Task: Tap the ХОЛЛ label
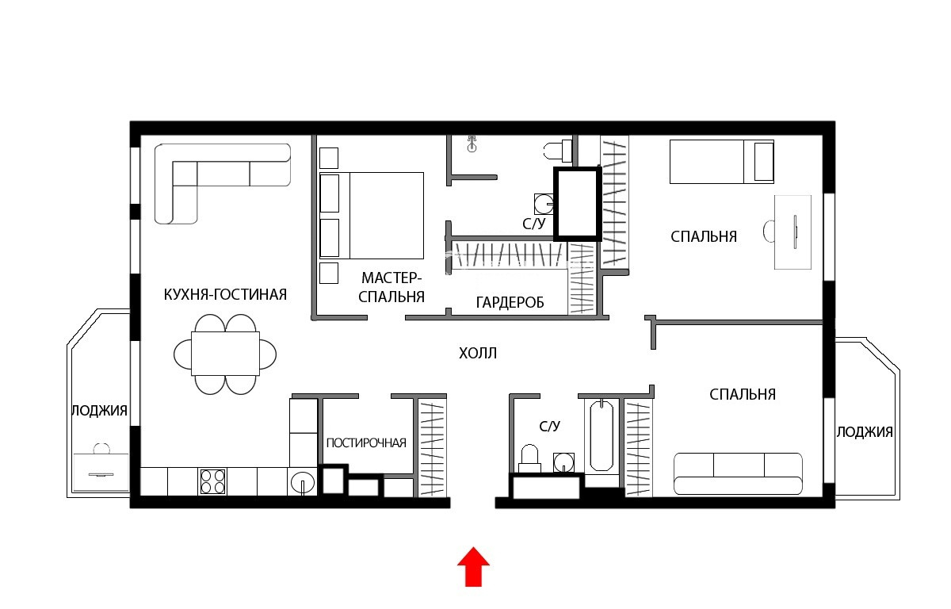[x=478, y=354]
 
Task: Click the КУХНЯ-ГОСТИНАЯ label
[x=225, y=294]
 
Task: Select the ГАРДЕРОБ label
[x=510, y=302]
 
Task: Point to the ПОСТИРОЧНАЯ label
[x=366, y=443]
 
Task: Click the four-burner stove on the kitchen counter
[x=212, y=481]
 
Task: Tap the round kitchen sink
[x=302, y=482]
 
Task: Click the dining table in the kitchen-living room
[x=225, y=354]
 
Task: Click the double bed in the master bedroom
[x=372, y=216]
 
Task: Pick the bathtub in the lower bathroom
[x=602, y=435]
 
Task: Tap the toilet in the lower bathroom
[x=529, y=458]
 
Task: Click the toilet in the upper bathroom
[x=558, y=151]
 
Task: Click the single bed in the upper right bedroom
[x=722, y=162]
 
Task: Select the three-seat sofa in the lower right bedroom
[x=738, y=473]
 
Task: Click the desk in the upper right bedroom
[x=792, y=232]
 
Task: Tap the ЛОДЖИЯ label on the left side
[x=99, y=411]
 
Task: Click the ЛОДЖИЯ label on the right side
[x=865, y=432]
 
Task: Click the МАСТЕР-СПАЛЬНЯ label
[x=391, y=288]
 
